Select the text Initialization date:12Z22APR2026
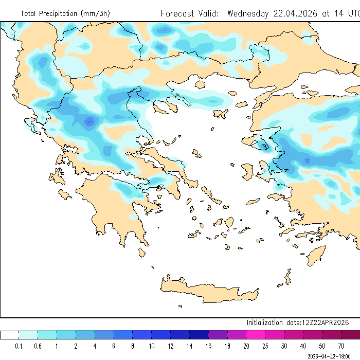298,322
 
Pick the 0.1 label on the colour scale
19,346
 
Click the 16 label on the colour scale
209,346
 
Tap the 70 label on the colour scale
341,346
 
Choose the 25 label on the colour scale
266,346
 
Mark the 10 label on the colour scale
152,346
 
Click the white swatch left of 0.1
10,335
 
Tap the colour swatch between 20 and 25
256,335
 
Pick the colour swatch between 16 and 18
218,335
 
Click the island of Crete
206,294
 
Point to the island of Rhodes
315,255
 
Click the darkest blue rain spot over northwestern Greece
91,122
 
